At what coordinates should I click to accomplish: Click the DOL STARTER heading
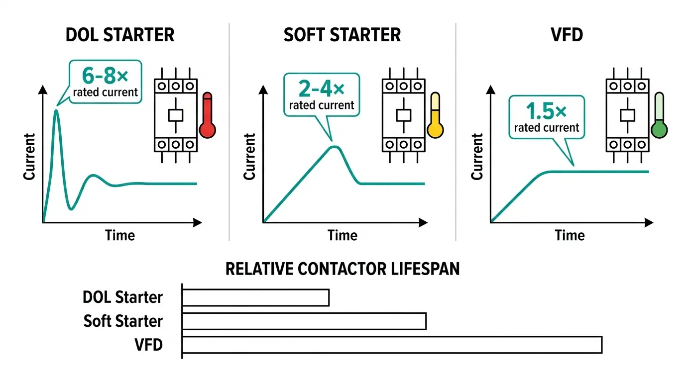[120, 35]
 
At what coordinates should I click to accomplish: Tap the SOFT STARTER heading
[342, 35]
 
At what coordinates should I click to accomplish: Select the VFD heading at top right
[567, 35]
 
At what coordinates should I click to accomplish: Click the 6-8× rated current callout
[105, 82]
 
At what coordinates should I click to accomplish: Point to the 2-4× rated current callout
[321, 95]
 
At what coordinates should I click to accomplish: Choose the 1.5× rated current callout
[546, 117]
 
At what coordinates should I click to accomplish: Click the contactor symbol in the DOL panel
[175, 115]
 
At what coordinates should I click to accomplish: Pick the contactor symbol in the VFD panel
[627, 115]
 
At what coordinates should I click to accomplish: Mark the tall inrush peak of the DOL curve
[56, 110]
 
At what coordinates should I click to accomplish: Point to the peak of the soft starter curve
[335, 147]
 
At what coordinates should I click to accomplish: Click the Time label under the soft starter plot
[342, 235]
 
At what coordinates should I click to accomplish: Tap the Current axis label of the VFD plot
[477, 157]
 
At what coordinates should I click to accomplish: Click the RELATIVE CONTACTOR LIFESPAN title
[342, 269]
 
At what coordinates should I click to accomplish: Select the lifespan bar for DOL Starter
[255, 297]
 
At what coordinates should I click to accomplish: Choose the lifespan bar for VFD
[392, 345]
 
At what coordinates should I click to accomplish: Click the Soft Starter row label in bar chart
[123, 321]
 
